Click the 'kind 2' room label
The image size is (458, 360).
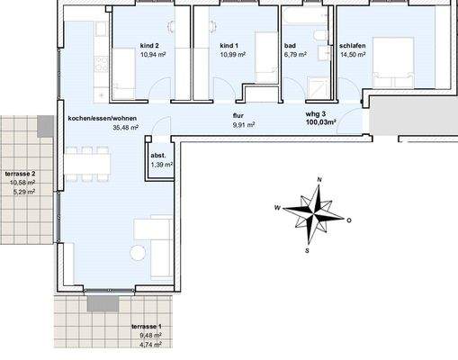(149, 45)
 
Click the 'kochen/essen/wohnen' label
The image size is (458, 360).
(102, 118)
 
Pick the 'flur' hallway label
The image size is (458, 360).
(238, 116)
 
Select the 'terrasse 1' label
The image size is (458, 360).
(146, 326)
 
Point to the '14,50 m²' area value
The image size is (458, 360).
(353, 55)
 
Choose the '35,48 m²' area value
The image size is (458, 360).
(125, 128)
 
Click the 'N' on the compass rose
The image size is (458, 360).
(319, 181)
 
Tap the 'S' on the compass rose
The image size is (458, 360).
(307, 251)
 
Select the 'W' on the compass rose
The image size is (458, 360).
(277, 207)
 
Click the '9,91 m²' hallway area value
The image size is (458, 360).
(243, 126)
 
